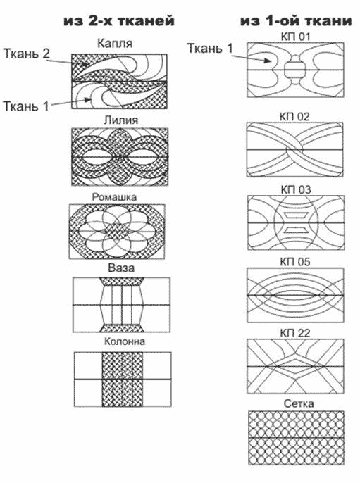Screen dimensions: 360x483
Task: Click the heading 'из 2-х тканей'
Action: [x=119, y=21]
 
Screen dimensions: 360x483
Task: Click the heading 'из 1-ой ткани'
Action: [x=296, y=21]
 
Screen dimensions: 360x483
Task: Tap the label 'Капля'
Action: [x=115, y=44]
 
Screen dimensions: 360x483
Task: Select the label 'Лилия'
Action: [x=121, y=120]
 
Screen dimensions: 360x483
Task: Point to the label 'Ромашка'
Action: [x=114, y=197]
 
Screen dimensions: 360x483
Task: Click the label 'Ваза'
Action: [x=121, y=268]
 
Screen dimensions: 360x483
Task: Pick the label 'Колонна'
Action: [x=125, y=341]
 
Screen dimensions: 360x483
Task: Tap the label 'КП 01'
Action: [x=295, y=37]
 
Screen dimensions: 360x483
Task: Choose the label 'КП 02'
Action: [x=294, y=117]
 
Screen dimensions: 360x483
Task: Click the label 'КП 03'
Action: [x=296, y=189]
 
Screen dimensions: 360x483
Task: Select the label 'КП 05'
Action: [x=295, y=262]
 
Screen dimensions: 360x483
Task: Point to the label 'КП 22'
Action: [x=295, y=333]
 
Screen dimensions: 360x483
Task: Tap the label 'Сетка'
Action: [x=299, y=403]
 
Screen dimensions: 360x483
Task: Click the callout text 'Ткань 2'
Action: [x=27, y=54]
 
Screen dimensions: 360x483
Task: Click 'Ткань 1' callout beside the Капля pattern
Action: [x=26, y=106]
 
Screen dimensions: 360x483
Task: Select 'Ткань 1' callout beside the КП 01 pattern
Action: [x=210, y=49]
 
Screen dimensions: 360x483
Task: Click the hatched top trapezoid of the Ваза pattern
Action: [x=121, y=282]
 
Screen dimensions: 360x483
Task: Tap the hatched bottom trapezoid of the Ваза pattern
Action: [x=121, y=328]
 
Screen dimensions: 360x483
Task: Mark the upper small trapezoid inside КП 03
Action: [x=296, y=214]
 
